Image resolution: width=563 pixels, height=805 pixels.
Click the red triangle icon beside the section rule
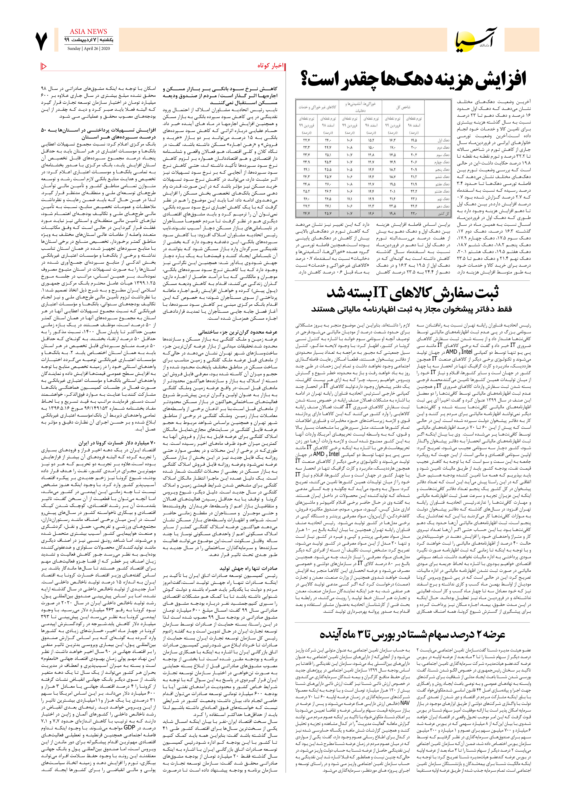[x=44, y=66]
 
